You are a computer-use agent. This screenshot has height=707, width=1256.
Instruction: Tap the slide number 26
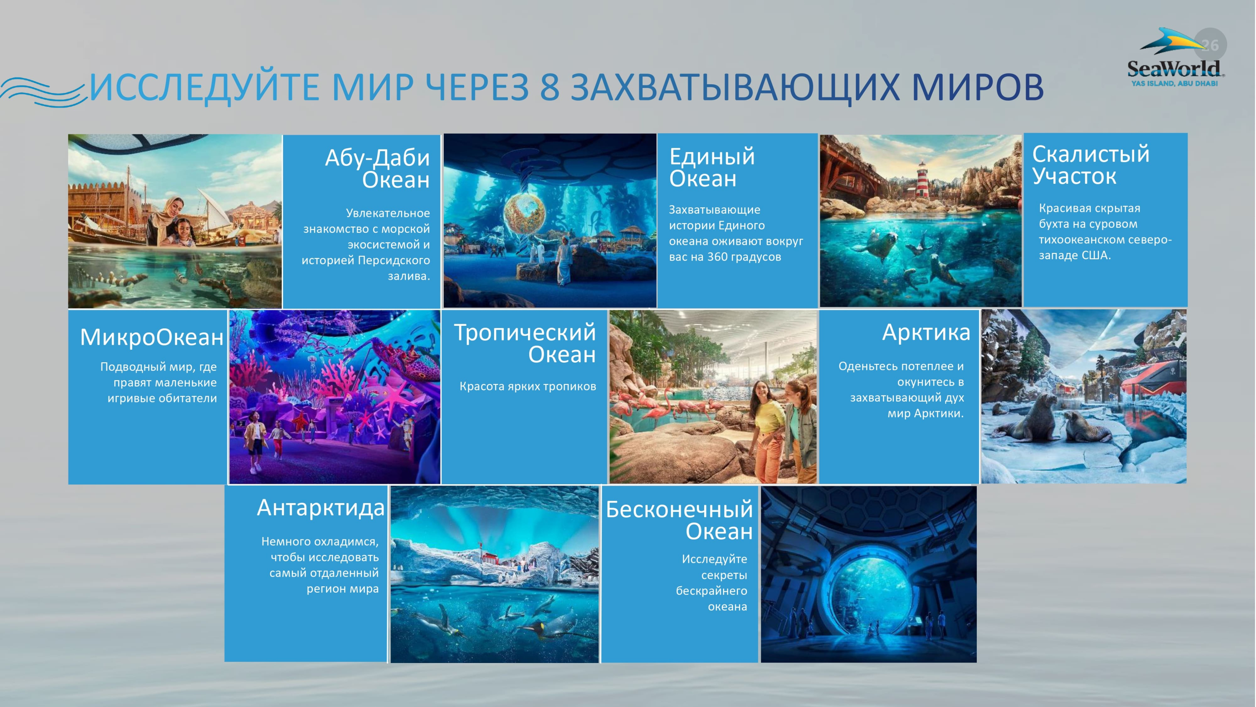coord(1211,45)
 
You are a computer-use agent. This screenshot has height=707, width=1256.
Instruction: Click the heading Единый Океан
coord(712,167)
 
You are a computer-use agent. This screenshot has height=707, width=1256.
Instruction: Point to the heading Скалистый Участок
coord(1091,165)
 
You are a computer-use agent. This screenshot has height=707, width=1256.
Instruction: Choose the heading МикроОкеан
coord(152,337)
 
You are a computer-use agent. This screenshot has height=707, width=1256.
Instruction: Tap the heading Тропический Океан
coord(525,343)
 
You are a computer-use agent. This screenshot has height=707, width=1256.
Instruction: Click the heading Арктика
coord(926,332)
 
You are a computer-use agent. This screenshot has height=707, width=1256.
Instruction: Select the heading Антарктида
coord(321,508)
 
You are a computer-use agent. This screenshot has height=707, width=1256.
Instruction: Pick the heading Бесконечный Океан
coord(679,520)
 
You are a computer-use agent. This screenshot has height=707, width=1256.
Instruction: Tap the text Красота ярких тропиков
coord(528,387)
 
